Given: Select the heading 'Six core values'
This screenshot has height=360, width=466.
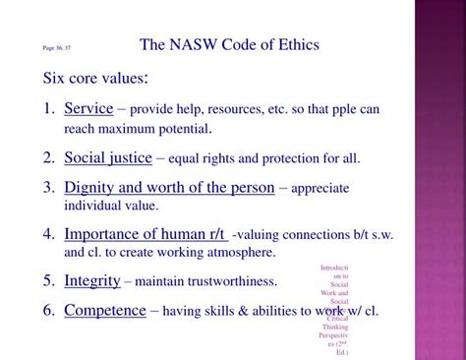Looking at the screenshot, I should [x=94, y=78].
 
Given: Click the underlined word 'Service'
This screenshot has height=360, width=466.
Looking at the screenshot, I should [x=88, y=108].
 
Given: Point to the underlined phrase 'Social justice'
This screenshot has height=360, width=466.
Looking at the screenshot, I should [x=108, y=157].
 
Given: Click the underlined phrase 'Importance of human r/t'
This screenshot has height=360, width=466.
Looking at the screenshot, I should [x=145, y=234].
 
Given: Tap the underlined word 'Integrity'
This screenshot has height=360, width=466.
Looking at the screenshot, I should [x=92, y=281].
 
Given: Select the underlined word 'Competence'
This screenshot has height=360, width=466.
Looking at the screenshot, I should [x=104, y=311].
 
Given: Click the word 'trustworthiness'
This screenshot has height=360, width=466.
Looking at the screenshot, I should [x=231, y=282].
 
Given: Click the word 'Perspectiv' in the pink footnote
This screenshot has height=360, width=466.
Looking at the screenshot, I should [x=333, y=335].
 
